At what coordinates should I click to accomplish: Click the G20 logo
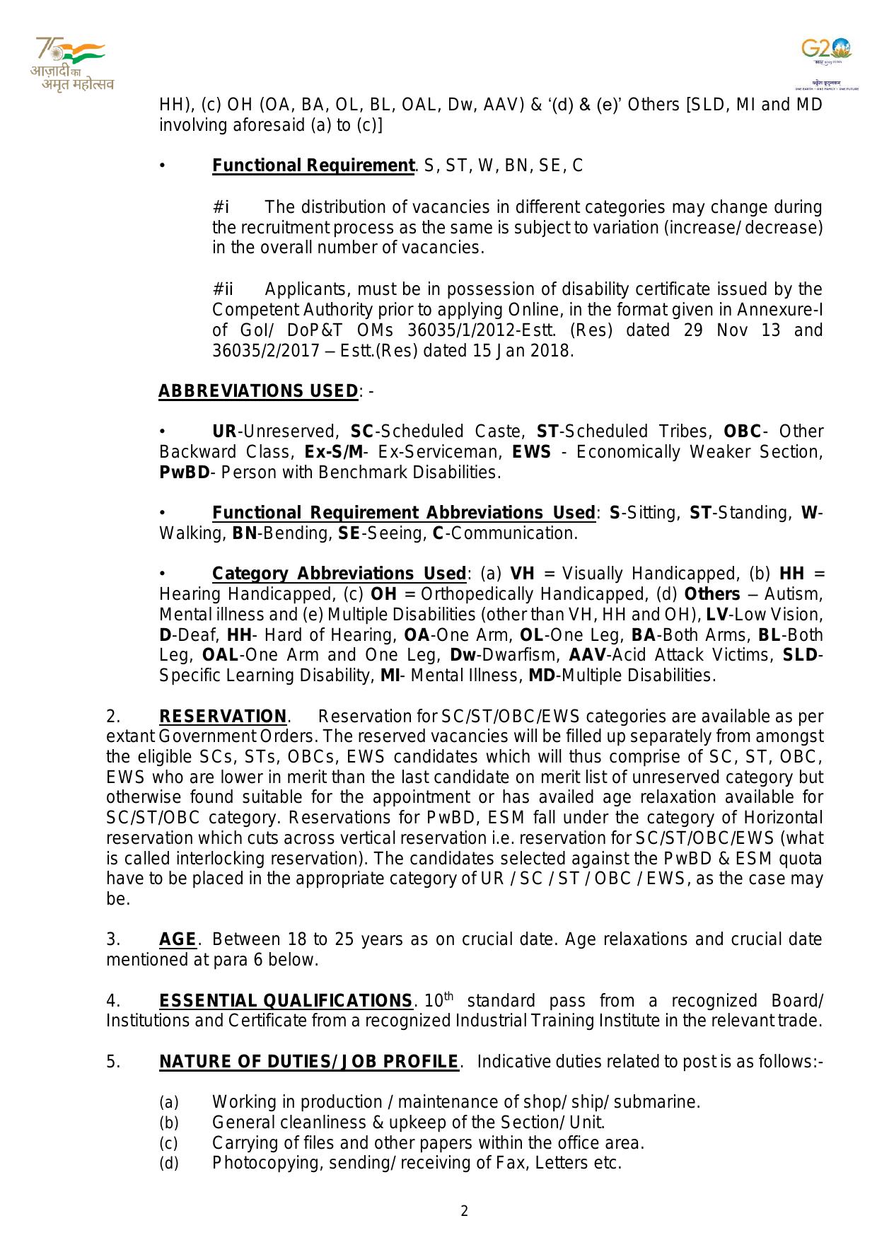pos(825,57)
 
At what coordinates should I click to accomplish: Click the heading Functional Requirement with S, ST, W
pos(313,166)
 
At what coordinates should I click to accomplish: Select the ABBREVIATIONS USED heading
pos(257,391)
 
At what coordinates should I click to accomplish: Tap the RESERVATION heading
pos(223,717)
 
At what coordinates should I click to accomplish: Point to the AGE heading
pos(178,939)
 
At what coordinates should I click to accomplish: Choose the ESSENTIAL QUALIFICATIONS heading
pos(286,1001)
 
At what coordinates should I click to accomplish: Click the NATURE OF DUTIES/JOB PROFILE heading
pos(309,1062)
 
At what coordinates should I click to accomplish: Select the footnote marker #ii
pos(223,289)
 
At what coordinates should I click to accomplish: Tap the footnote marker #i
pos(221,208)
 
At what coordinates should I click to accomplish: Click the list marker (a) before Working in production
pos(168,1103)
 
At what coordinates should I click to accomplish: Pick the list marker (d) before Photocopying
pos(168,1164)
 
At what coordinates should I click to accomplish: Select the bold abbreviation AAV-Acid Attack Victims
pos(586,655)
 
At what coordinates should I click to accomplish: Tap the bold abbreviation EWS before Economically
pos(531,452)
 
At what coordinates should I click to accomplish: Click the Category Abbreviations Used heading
pos(339,574)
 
